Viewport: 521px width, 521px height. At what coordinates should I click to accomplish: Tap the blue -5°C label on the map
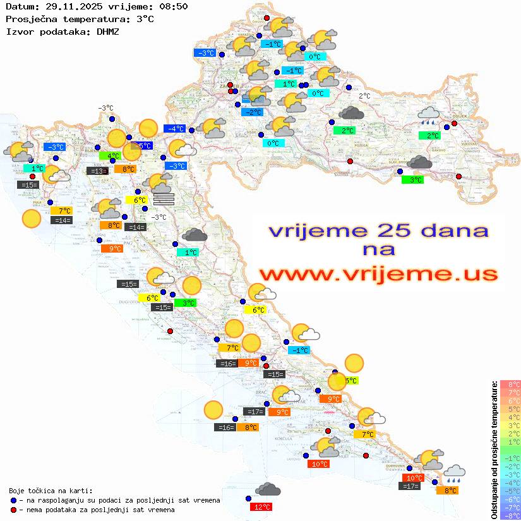pos(145,145)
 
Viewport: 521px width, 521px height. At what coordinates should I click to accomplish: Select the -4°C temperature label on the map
pos(174,128)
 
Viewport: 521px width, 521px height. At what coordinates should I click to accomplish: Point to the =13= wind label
pos(97,171)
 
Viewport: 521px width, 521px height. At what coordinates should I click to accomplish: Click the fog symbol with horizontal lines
pos(163,199)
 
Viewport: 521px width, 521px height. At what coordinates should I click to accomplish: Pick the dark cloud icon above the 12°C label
pos(268,489)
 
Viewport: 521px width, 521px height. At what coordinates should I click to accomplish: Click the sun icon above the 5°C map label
pos(354,363)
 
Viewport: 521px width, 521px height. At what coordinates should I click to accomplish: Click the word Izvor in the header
pos(19,31)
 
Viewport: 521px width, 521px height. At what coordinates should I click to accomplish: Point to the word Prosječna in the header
pos(30,19)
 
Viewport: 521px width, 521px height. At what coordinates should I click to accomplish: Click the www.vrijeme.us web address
pos(378,274)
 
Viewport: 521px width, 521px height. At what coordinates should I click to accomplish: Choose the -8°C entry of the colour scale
pos(510,515)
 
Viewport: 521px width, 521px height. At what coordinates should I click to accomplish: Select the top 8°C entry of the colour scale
pos(510,384)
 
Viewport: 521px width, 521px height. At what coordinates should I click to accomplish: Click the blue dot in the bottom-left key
pos(13,500)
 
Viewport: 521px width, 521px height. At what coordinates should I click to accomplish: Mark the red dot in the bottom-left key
pos(13,509)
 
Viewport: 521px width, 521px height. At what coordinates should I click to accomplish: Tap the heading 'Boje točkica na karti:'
pos(51,490)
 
